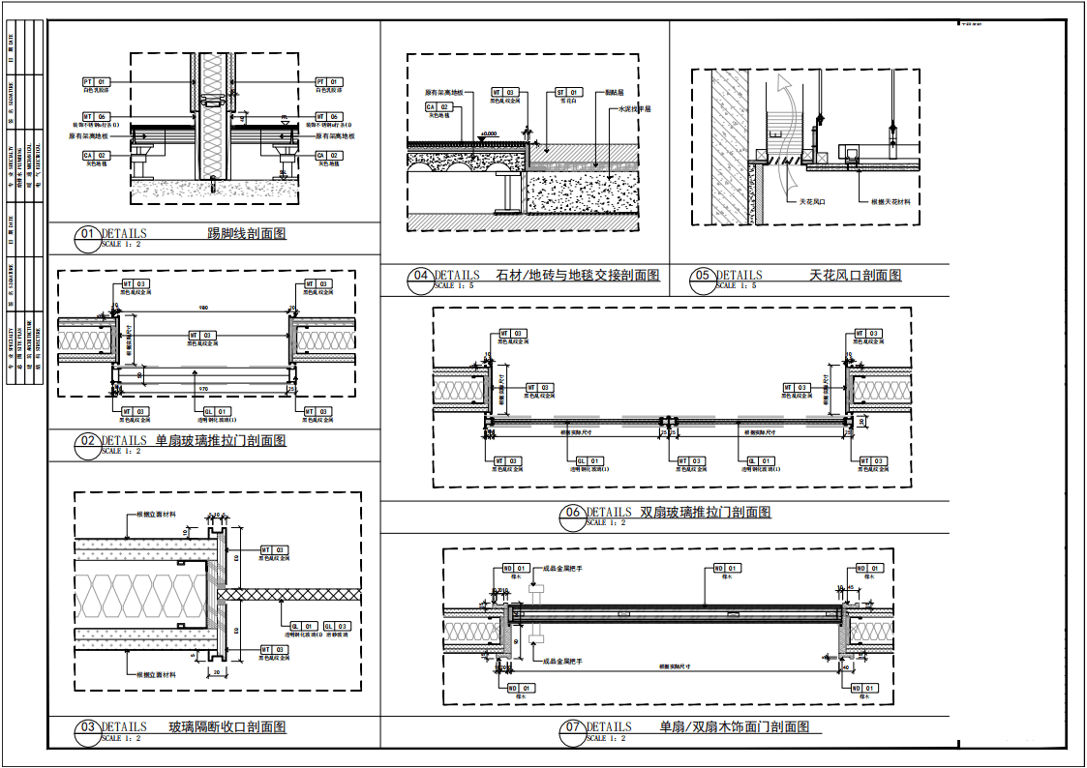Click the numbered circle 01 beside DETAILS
[x=88, y=234]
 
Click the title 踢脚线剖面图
[x=247, y=234]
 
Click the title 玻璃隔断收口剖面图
[x=227, y=727]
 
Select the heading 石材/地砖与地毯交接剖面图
[x=577, y=276]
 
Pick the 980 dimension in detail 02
[x=203, y=308]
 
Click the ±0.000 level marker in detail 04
[x=488, y=133]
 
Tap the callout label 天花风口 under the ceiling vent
[x=811, y=202]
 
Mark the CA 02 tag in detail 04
[x=438, y=106]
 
